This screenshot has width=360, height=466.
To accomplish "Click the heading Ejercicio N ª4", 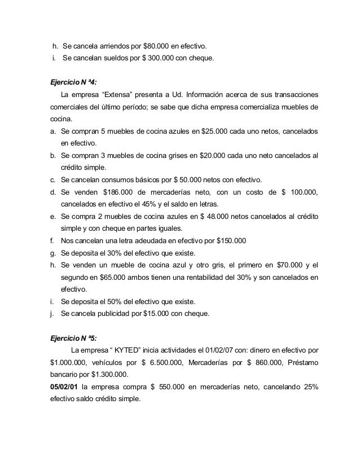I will (x=73, y=81).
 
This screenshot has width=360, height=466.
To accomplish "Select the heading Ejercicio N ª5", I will (x=73, y=338).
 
